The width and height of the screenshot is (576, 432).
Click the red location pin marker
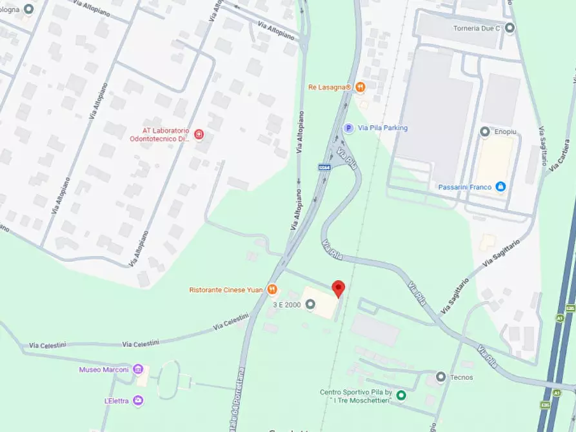[338, 289]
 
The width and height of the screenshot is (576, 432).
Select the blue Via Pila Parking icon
[348, 128]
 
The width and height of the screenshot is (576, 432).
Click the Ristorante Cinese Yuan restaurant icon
[273, 290]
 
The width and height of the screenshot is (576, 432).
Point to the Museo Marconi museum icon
[138, 369]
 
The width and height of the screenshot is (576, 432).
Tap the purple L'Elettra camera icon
[138, 400]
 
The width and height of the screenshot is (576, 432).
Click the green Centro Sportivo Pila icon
[401, 395]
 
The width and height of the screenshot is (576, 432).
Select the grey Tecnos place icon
[441, 377]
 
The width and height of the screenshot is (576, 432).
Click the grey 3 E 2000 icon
[310, 304]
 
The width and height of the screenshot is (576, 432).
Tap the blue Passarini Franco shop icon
[501, 187]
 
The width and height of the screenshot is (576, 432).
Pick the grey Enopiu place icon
[485, 132]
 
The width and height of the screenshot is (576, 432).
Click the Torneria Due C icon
[510, 28]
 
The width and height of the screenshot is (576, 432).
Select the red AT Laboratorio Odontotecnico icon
[199, 134]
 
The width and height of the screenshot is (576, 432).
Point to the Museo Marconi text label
[104, 369]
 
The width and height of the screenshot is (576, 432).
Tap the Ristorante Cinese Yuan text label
[226, 290]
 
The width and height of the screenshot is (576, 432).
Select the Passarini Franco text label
[465, 187]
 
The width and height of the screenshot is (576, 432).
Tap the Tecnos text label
[462, 377]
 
